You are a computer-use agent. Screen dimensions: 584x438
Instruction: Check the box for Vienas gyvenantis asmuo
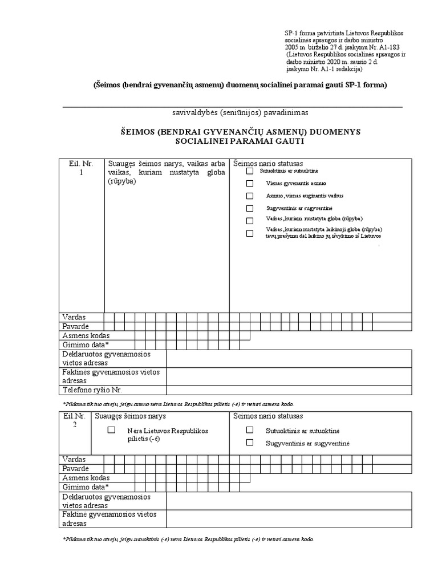[x=249, y=184]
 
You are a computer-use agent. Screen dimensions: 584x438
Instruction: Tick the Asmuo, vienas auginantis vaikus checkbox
[x=249, y=196]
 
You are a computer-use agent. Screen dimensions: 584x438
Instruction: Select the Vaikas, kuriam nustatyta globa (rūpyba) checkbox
[x=249, y=221]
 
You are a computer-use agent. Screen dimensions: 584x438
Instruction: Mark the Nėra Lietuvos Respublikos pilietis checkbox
[x=112, y=431]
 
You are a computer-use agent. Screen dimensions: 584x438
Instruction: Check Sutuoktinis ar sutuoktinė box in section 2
[x=249, y=431]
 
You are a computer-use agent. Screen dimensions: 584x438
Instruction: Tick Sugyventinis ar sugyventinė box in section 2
[x=249, y=443]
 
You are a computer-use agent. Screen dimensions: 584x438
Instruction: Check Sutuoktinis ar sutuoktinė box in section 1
[x=249, y=171]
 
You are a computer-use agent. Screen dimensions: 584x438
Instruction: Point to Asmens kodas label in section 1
[x=86, y=336]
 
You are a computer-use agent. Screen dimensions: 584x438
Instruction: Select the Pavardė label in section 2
[x=76, y=469]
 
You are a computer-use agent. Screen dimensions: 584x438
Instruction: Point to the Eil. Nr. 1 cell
[x=82, y=168]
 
